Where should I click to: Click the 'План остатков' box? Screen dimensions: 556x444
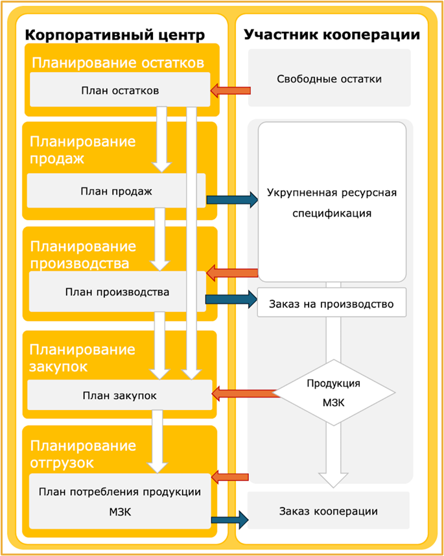coord(120,90)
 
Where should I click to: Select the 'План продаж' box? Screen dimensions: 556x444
coord(117,191)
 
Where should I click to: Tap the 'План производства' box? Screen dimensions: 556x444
coord(117,292)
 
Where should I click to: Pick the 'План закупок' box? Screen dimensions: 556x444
coord(120,395)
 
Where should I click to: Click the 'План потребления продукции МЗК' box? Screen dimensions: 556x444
coord(120,500)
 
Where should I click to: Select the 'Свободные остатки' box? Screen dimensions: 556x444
coord(329,79)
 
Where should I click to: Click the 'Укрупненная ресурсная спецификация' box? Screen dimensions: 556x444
coord(332,202)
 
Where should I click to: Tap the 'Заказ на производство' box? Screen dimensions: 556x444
coord(332,302)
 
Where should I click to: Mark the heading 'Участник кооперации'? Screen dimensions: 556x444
coord(332,34)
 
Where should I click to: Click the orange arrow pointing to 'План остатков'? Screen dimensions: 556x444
coord(231,90)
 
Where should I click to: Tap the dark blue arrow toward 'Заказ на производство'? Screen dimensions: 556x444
coord(231,299)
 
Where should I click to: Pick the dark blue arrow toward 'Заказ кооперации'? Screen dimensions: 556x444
coord(230,518)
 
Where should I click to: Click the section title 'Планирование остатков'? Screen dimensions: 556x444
coord(119,63)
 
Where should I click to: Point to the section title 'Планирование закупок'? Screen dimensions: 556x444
coord(82,358)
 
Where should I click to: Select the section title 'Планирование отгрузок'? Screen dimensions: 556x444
coord(82,454)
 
